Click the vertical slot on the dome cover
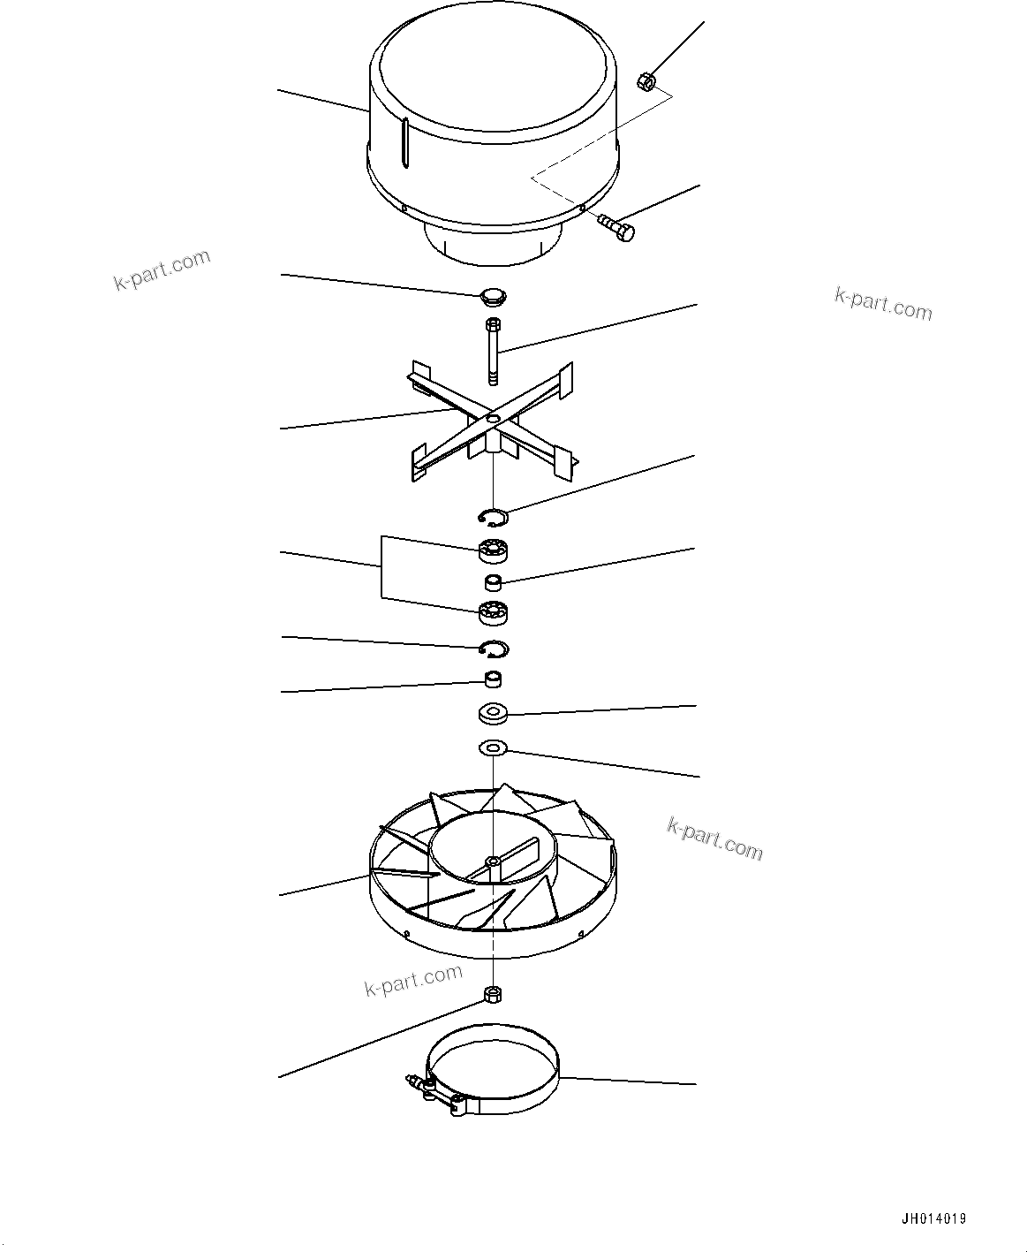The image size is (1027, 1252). [405, 144]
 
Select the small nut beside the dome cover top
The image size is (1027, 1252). [645, 82]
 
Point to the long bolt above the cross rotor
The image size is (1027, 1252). [492, 352]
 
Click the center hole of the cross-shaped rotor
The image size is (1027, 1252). [493, 417]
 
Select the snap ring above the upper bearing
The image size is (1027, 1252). [493, 516]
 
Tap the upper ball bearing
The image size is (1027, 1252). [495, 550]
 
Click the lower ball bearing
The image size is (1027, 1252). [494, 611]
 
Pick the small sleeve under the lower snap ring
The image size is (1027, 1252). [493, 680]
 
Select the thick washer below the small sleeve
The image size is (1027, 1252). [492, 711]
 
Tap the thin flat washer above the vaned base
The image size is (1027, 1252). [492, 748]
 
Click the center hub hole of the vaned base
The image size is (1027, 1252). [491, 861]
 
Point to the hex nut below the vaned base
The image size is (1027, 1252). [492, 995]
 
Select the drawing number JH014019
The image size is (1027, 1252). [933, 1219]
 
